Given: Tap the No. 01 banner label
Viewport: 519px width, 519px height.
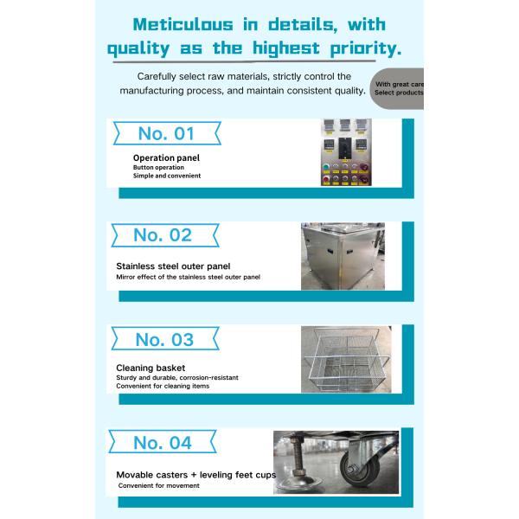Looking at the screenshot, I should coord(166,134).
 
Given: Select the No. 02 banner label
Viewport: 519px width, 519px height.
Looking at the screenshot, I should coord(163,235).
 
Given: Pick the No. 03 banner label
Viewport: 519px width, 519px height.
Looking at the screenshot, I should coord(164,339).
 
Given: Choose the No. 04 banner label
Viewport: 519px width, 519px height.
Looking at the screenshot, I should coord(163,442).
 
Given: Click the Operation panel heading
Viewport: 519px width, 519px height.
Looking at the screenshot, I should coord(166,158).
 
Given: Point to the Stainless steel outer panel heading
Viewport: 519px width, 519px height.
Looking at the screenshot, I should coord(173,266).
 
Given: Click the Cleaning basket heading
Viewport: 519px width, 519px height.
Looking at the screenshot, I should coord(150,368).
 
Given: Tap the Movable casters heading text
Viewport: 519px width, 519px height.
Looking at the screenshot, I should coord(160,475).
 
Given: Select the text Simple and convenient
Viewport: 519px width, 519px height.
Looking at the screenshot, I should coord(167,176).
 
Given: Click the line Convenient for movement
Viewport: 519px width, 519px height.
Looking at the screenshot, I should coord(159,486).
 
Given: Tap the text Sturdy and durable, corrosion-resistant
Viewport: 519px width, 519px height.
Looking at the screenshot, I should coord(177,378).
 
